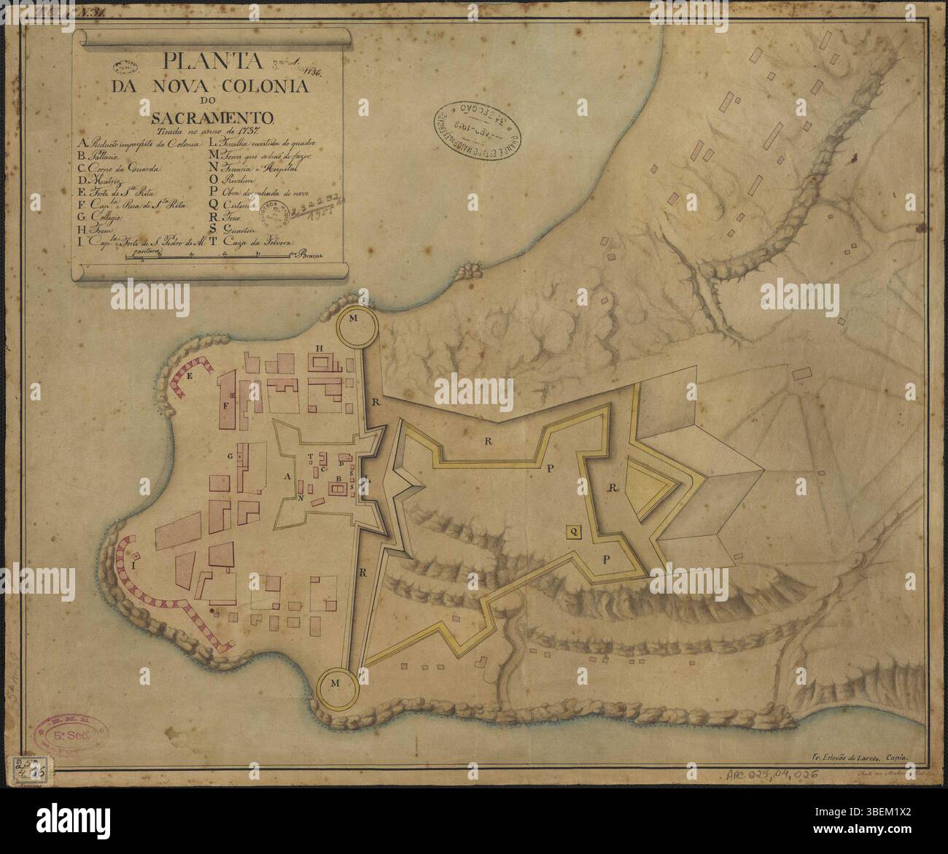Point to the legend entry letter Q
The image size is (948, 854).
click(212, 208)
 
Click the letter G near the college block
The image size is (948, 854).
click(230, 457)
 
